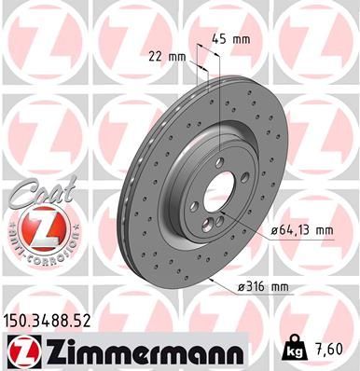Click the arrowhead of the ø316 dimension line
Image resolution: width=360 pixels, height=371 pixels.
click(212, 277)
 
